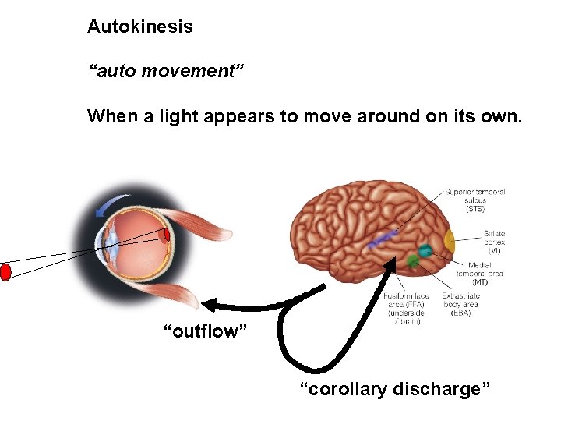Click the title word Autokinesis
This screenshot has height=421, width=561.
(140, 27)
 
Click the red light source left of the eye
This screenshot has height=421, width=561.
(5, 272)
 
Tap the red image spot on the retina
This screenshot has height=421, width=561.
(167, 235)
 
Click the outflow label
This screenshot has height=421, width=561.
(205, 332)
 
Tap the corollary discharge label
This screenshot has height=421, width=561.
(395, 388)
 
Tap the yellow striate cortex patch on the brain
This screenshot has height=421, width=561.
(450, 241)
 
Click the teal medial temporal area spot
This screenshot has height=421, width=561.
(424, 251)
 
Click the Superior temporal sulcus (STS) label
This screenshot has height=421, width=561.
(475, 200)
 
